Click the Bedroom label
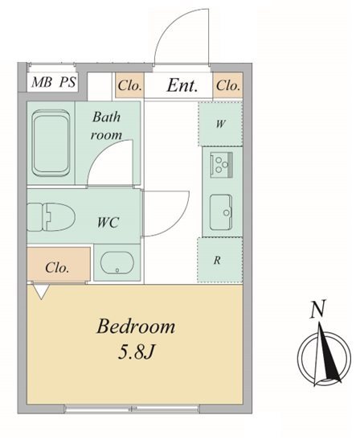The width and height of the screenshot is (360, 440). click(136, 327)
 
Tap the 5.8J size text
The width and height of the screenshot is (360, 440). click(137, 352)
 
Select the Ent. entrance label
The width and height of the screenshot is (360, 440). click(182, 85)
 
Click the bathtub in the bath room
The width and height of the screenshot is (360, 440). click(51, 143)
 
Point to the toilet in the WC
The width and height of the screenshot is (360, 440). click(51, 217)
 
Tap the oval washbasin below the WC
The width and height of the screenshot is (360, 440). click(117, 262)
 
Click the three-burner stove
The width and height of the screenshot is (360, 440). click(222, 164)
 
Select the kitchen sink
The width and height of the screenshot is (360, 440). click(221, 212)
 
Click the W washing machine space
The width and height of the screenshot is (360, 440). click(220, 124)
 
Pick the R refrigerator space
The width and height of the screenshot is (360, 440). click(220, 260)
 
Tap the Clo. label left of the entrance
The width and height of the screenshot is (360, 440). click(129, 85)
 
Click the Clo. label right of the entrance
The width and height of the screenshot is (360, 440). click(228, 85)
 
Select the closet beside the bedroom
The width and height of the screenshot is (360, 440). click(59, 264)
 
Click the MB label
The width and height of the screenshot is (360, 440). click(42, 82)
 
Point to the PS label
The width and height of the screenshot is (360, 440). click(67, 82)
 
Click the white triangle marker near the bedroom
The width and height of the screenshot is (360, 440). click(41, 292)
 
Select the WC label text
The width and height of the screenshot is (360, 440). click(108, 223)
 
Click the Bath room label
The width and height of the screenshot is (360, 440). click(107, 125)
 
